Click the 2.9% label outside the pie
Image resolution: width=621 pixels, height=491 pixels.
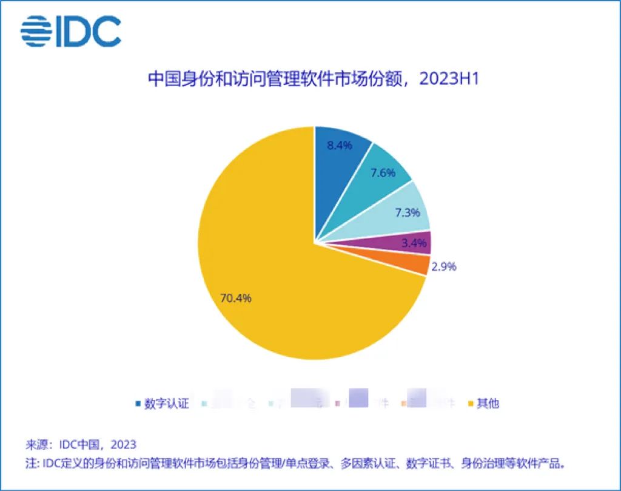(x=443, y=266)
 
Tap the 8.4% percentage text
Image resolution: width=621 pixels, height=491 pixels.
(x=340, y=146)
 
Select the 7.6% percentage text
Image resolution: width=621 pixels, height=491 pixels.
(x=382, y=173)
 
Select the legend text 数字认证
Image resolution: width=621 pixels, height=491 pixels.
(x=167, y=404)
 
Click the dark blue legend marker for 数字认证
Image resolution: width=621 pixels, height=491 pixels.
(x=138, y=404)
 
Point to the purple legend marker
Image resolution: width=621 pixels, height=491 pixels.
(x=338, y=404)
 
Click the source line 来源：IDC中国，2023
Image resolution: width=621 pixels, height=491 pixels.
(x=81, y=444)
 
